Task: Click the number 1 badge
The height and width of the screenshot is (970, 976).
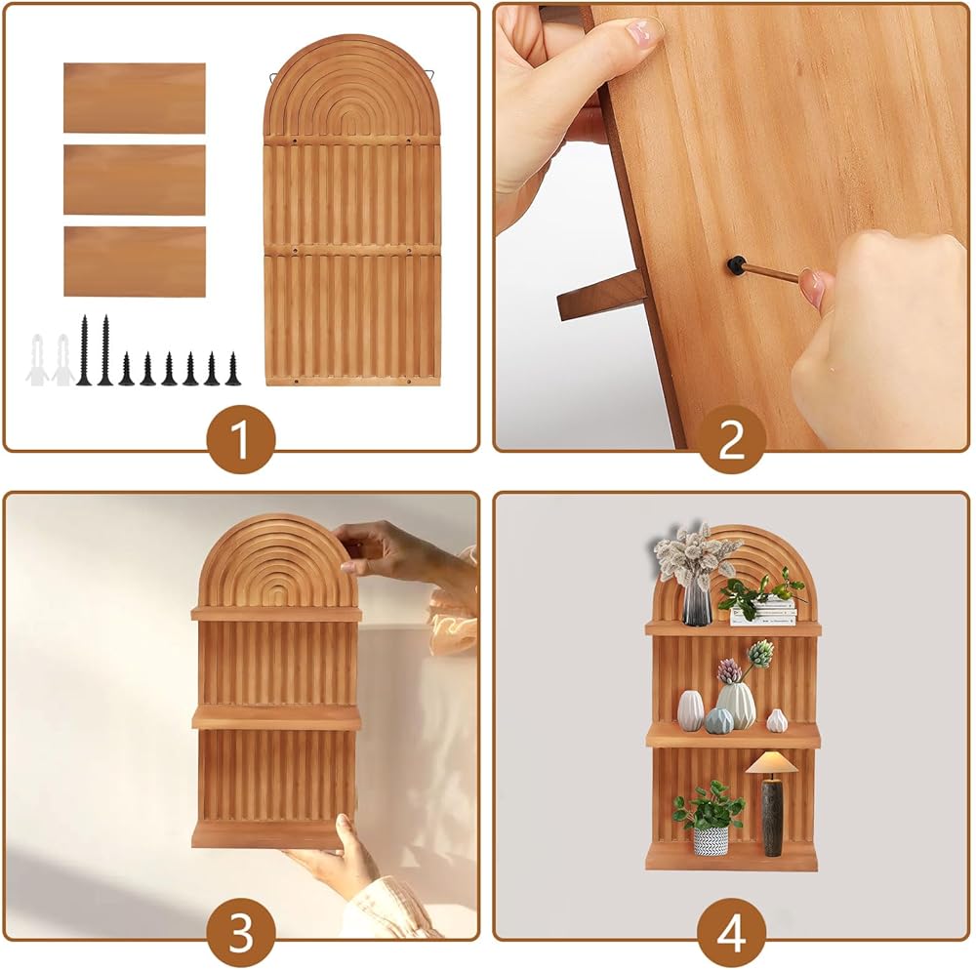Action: point(240,439)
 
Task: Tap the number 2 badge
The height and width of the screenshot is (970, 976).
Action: point(731,439)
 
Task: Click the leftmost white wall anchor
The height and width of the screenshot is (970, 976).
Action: point(37,360)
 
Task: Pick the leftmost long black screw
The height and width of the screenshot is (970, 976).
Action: point(84,350)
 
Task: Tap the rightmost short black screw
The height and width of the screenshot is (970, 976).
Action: point(233,369)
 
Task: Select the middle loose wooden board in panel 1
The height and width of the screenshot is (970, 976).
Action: point(135,180)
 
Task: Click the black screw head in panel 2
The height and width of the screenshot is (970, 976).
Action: point(735,264)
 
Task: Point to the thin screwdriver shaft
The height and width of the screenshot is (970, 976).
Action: point(771,273)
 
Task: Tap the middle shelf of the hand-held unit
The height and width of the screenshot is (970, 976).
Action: point(276,717)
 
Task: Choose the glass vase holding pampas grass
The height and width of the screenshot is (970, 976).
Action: point(697,602)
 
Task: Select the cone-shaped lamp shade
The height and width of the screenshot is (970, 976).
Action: point(772,762)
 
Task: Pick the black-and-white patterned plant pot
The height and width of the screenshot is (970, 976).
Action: point(711,840)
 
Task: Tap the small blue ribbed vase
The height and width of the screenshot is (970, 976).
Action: point(719,720)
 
